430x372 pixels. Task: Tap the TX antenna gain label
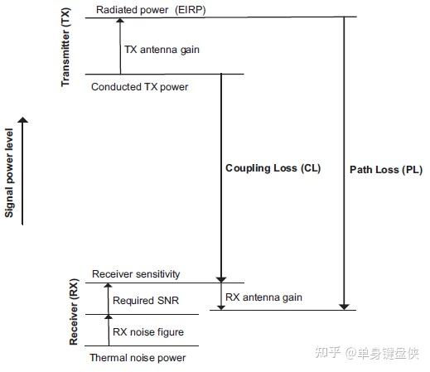click(x=162, y=50)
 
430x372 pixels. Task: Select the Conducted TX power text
click(x=140, y=85)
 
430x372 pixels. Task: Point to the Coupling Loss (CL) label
click(x=273, y=168)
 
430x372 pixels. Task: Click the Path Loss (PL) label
click(x=386, y=170)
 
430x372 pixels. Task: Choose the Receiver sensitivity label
click(x=136, y=274)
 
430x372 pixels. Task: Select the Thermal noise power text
click(x=138, y=358)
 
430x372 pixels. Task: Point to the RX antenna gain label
click(x=264, y=297)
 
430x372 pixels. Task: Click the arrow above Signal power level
click(x=23, y=170)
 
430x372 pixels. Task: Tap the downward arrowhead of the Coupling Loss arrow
click(x=220, y=278)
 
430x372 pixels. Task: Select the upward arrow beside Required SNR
click(x=106, y=298)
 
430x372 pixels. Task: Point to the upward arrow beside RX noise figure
click(x=106, y=329)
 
